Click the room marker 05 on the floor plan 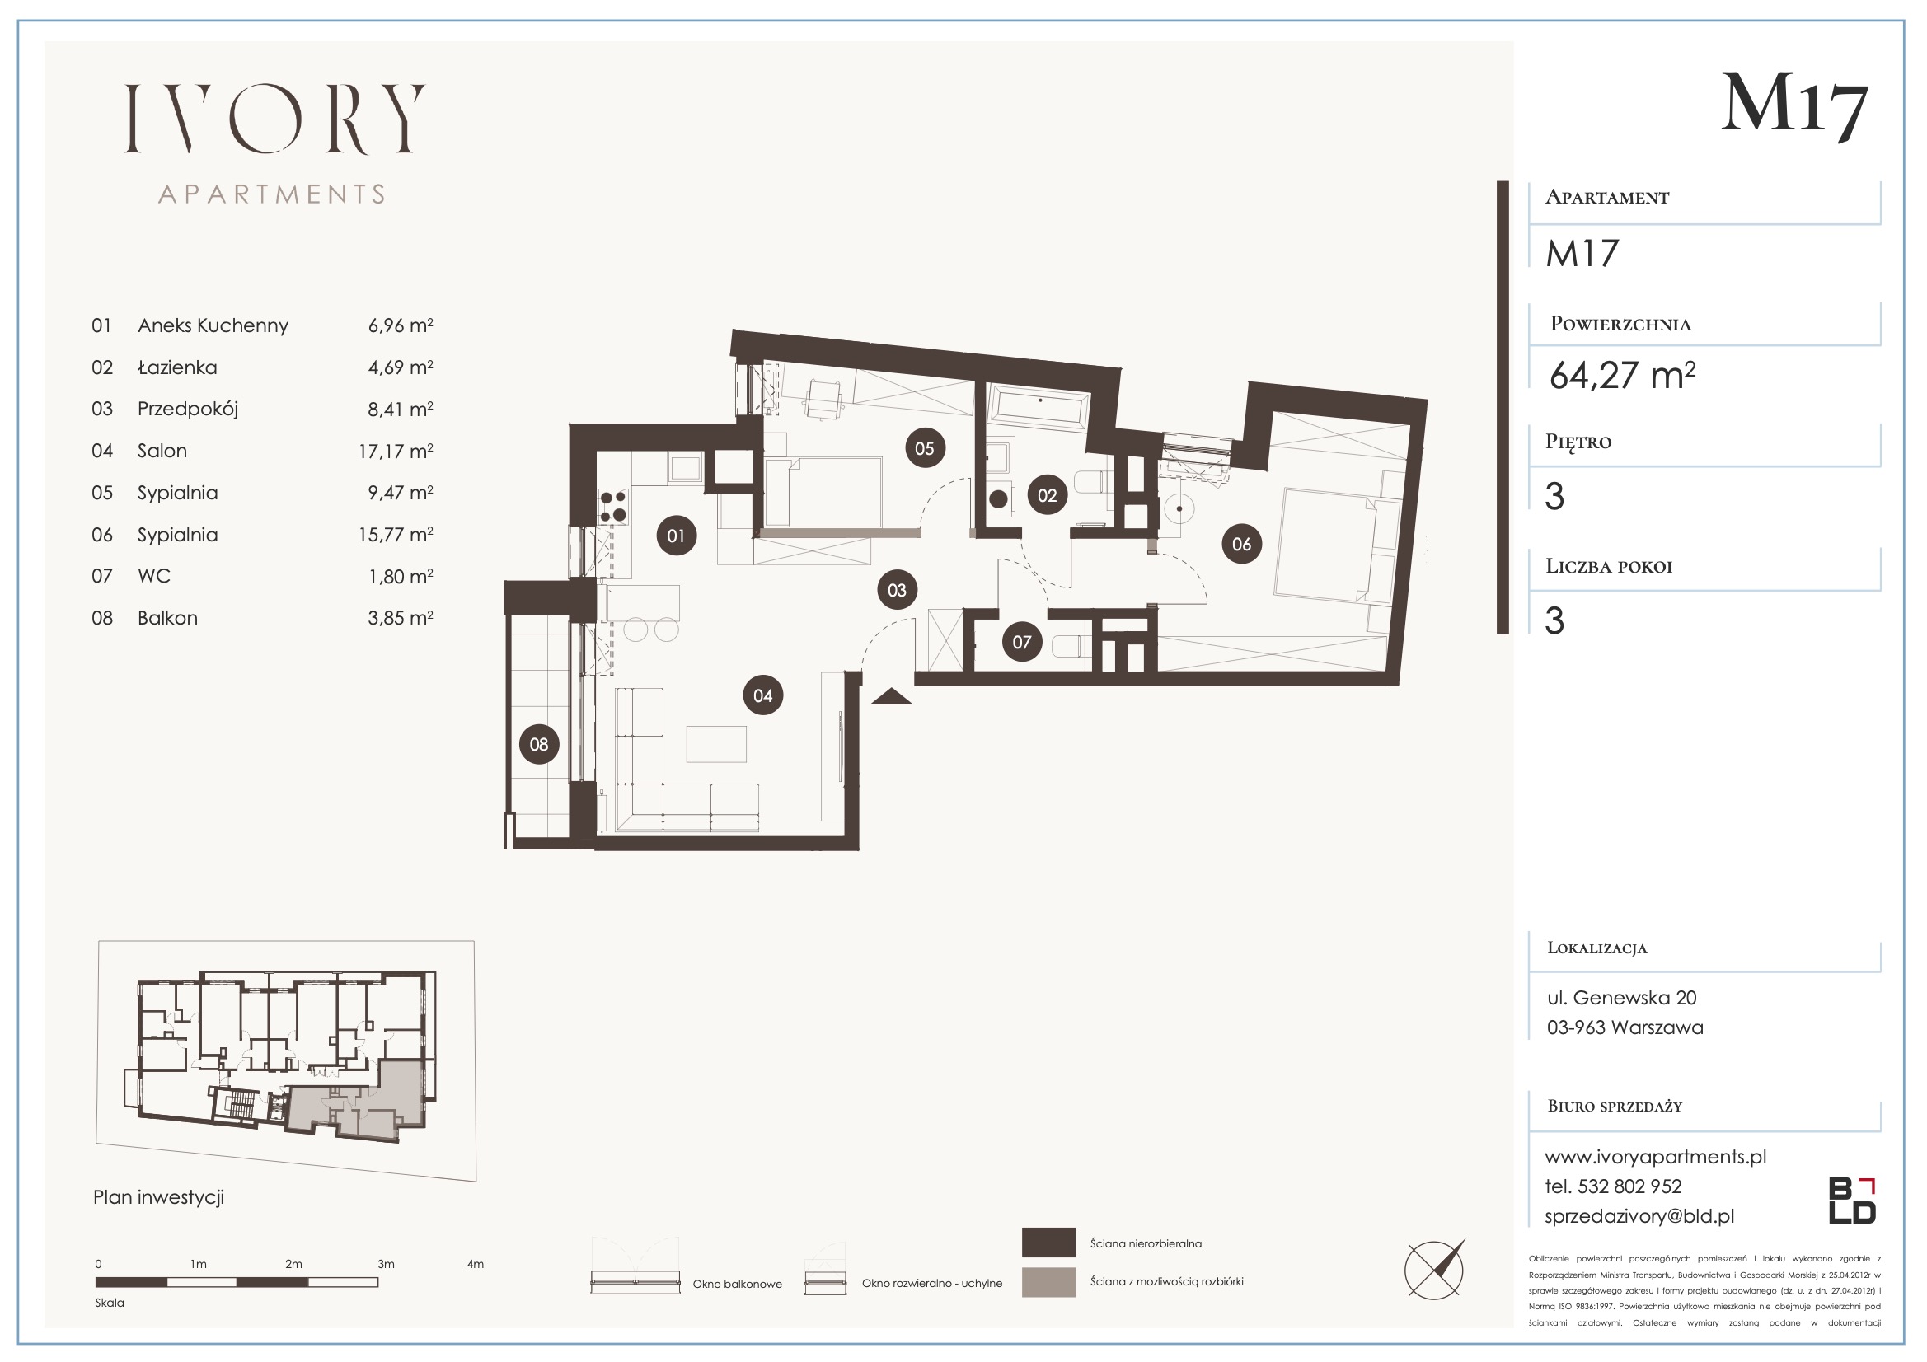[924, 448]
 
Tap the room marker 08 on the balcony [539, 743]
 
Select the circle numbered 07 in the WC [1021, 642]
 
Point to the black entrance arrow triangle [891, 696]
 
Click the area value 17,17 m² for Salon [396, 452]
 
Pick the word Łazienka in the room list [177, 367]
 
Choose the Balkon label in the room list [168, 619]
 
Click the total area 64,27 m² [1622, 375]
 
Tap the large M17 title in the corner [1795, 107]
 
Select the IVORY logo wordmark [274, 119]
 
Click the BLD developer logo [1852, 1201]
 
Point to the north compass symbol [1434, 1270]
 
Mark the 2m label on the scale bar [293, 1264]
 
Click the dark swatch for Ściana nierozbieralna [1048, 1243]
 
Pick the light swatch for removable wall [1048, 1282]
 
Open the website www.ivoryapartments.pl [1655, 1156]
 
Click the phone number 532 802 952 [1630, 1186]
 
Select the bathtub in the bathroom [1039, 409]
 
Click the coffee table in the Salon [716, 743]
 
